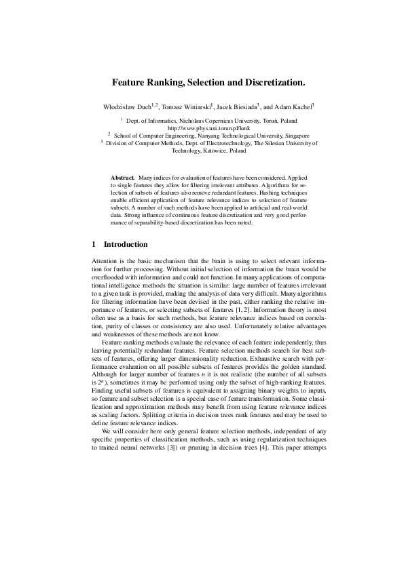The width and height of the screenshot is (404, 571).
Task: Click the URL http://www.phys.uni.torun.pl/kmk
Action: (202, 127)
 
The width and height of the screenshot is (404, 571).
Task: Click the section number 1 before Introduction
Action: (93, 243)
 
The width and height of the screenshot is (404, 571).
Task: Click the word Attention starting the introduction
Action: (104, 261)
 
